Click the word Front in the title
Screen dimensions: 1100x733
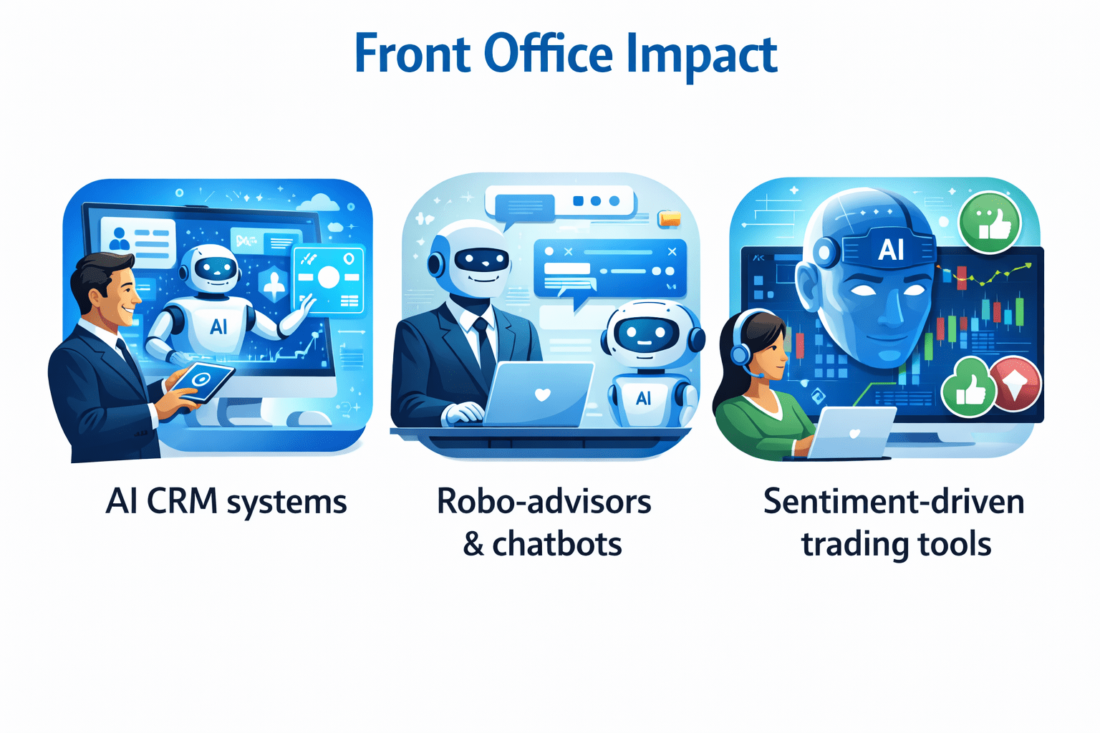pos(412,54)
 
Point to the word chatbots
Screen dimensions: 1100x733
pos(556,544)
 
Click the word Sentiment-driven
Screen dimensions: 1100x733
pos(893,501)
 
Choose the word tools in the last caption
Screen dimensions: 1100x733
pos(955,544)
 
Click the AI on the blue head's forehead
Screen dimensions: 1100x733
pos(890,250)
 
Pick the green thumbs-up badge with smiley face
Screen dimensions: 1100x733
pos(990,222)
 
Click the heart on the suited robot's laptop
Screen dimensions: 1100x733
pos(542,394)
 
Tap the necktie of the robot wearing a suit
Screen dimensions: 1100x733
pos(485,344)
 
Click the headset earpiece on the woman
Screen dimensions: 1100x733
pos(741,352)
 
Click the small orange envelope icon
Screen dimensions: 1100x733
pos(669,218)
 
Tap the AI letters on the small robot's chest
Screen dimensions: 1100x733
pos(643,398)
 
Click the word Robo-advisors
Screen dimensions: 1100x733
pos(544,501)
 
